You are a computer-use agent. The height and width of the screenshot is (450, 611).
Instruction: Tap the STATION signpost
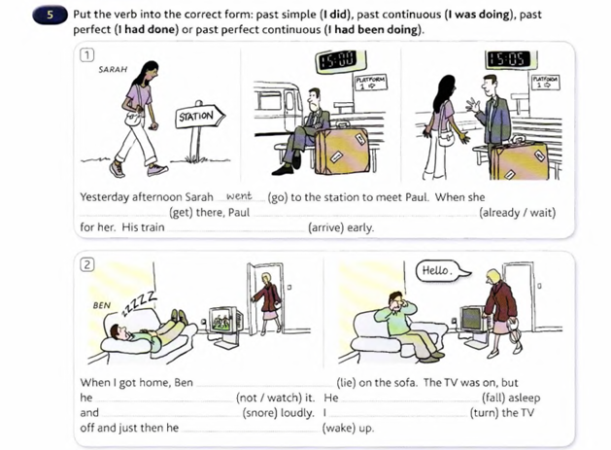(194, 118)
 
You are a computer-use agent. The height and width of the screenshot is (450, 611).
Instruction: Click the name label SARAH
(114, 71)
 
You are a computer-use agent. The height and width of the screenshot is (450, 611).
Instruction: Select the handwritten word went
(238, 195)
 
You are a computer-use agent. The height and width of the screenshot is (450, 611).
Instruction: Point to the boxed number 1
(86, 56)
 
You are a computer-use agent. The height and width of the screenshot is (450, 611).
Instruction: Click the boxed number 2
(86, 264)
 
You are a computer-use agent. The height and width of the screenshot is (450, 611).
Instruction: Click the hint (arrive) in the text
(340, 228)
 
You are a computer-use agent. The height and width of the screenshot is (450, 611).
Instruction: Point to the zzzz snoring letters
(136, 303)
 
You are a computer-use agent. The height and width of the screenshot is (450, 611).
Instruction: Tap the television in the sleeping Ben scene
(223, 321)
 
